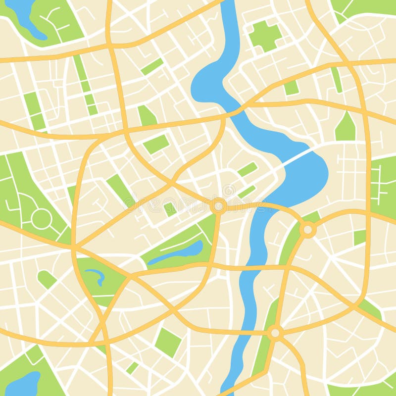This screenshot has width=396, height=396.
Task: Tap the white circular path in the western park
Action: tap(41, 218)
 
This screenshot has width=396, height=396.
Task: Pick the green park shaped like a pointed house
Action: tap(346, 128)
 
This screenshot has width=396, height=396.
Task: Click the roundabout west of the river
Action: tap(218, 205)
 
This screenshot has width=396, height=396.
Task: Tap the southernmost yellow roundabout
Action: tap(275, 333)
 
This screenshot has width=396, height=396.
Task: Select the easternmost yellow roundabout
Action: tap(308, 229)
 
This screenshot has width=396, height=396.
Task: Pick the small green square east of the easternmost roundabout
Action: tap(360, 237)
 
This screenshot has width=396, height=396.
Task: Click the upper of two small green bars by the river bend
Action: tap(247, 169)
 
